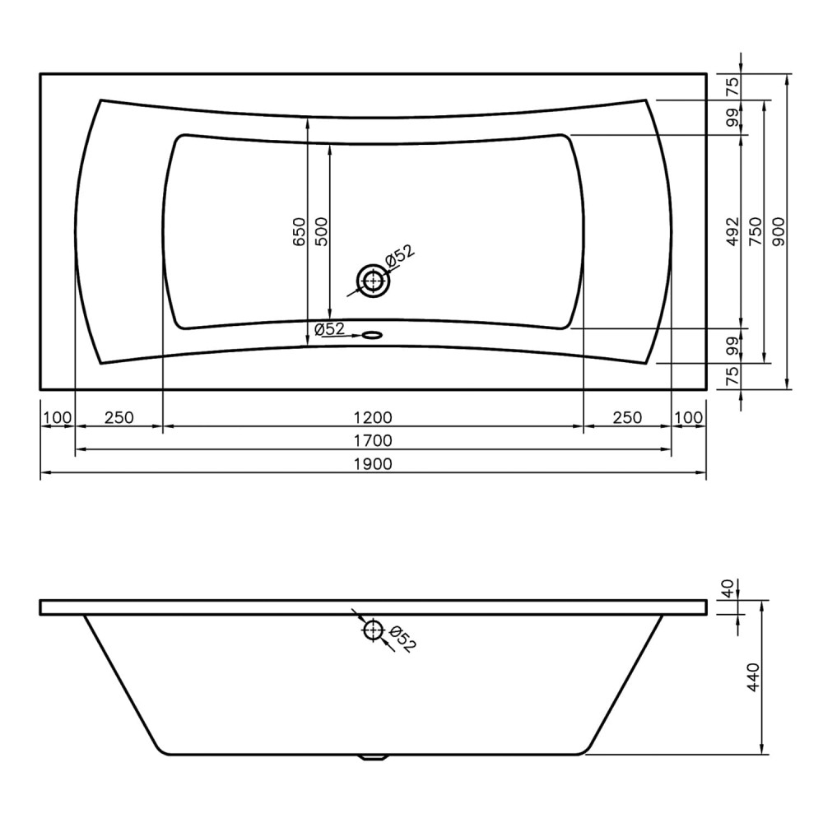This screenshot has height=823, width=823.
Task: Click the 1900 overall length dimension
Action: (373, 464)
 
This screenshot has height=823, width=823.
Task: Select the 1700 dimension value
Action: (373, 441)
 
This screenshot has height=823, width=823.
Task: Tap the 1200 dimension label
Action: (373, 418)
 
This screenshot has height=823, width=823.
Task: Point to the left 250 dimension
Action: (119, 418)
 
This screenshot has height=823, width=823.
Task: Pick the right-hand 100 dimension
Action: (688, 418)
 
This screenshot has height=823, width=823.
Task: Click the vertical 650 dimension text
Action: (300, 231)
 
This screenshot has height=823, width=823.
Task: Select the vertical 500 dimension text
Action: (321, 231)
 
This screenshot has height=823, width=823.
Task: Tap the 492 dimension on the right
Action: (732, 231)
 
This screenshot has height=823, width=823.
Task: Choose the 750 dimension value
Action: (756, 231)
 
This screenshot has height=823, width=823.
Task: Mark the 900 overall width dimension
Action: (779, 231)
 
